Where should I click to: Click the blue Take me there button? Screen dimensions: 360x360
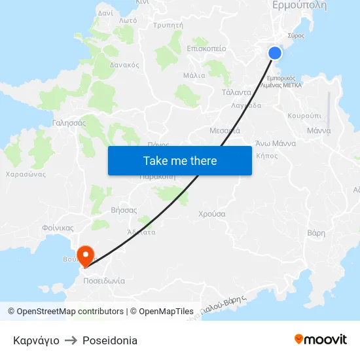coord(180,160)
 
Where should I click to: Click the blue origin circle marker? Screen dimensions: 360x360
coord(276,53)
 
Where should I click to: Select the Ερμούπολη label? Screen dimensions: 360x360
coord(299,5)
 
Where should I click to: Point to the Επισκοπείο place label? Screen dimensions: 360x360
coord(206,48)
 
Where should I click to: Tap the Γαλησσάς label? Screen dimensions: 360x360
coord(69,122)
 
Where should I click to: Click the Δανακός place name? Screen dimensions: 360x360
coord(124,65)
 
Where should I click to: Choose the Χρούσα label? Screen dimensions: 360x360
coord(212,213)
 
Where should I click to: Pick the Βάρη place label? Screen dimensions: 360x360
coord(316,232)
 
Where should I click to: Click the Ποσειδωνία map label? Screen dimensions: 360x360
coord(104,280)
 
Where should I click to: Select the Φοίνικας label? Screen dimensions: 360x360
coord(58,228)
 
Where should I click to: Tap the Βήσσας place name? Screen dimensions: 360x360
coord(124,210)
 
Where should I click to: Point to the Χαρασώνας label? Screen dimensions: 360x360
coord(25,175)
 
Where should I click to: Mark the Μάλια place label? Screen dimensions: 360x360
coord(194,75)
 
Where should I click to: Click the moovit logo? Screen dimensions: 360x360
coord(321,339)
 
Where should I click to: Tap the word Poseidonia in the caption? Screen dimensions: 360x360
coord(110,340)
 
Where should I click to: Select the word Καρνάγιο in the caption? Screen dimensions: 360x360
coord(36,340)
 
